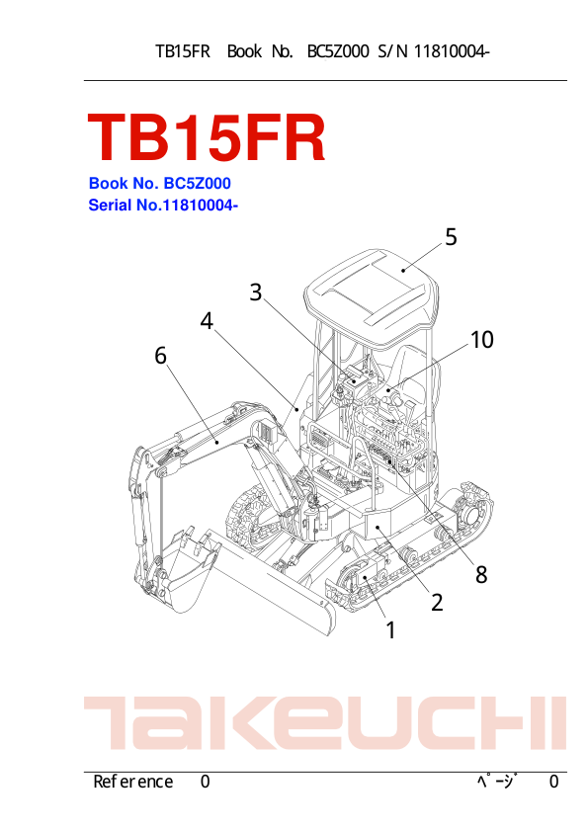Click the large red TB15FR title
tap(206, 138)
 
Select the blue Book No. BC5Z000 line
tap(160, 184)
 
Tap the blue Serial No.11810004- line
tap(163, 205)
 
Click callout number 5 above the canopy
tap(451, 237)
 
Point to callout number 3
tap(256, 292)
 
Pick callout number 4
tap(207, 321)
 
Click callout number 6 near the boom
tap(160, 356)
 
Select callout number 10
tap(482, 340)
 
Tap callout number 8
tap(481, 574)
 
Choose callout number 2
tap(437, 602)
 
